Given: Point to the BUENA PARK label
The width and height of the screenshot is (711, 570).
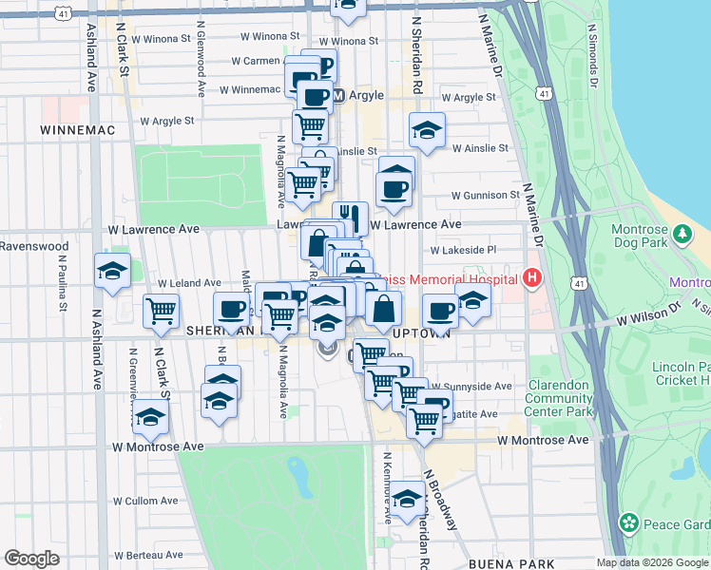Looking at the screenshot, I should [506, 563].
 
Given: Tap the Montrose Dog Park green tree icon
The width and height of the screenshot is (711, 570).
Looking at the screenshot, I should [681, 233].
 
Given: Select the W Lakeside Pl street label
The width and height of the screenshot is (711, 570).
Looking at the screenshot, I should [463, 251].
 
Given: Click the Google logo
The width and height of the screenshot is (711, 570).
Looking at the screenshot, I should [31, 559].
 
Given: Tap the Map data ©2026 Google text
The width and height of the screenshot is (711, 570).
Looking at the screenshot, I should [652, 562].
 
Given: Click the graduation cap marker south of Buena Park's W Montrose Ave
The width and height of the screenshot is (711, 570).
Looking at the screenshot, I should [408, 501].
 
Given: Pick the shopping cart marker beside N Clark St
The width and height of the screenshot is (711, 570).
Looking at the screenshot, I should [161, 311].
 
